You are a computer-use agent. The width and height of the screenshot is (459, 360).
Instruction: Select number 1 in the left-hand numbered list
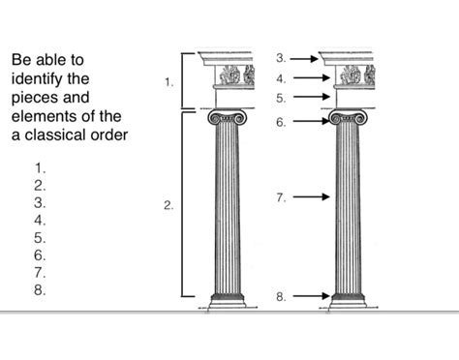click(40, 167)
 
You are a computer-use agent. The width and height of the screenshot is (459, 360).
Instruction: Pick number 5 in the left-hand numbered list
click(40, 237)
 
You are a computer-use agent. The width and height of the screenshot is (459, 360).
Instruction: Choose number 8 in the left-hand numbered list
click(40, 289)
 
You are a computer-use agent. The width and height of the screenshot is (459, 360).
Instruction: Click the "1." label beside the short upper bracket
click(169, 82)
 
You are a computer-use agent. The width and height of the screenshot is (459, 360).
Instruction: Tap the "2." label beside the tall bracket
click(168, 205)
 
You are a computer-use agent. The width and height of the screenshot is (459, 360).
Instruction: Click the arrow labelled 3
click(303, 59)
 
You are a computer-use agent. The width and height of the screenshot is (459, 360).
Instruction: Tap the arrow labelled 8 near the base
click(310, 295)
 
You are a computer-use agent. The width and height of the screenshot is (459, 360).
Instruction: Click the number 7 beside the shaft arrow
click(280, 197)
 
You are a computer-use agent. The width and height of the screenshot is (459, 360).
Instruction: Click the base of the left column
click(227, 301)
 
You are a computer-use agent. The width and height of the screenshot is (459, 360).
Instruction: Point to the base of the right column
click(348, 301)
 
